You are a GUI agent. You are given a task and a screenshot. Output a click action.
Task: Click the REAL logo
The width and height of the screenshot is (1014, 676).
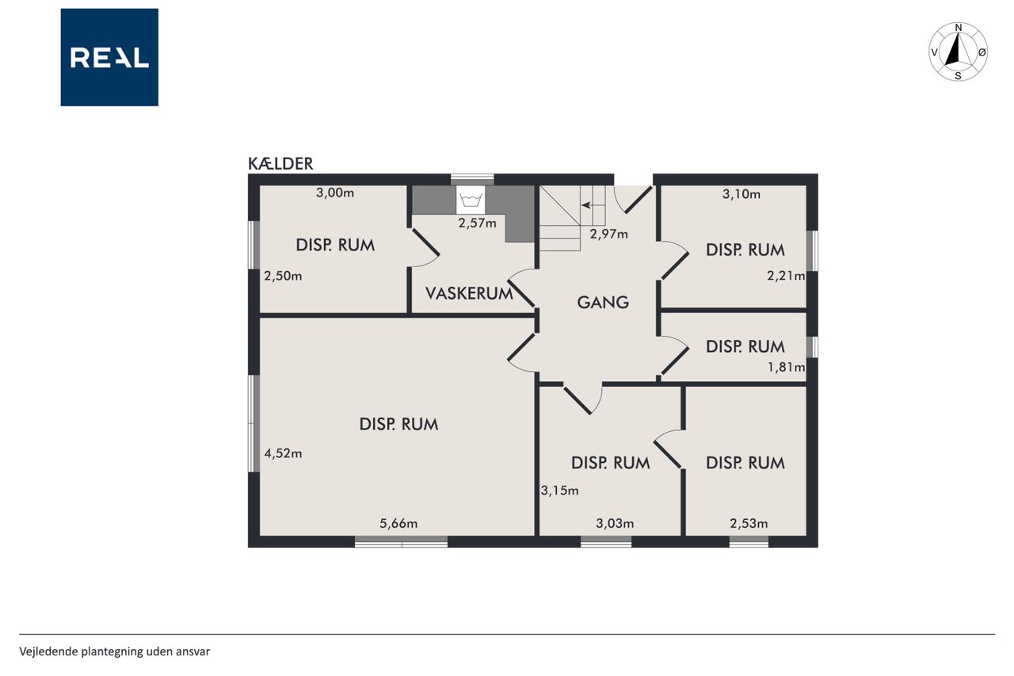point(109,58)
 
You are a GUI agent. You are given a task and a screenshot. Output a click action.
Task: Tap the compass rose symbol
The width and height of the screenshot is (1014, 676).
point(958,52)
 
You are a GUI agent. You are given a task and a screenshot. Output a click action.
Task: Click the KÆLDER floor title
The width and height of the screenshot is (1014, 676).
point(280,163)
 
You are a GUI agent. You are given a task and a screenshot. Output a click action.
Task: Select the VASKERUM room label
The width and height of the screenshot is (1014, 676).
point(469,293)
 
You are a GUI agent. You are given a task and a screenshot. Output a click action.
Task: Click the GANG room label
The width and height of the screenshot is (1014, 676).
point(603,302)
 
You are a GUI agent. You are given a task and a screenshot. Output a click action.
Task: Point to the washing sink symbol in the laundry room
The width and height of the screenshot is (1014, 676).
point(471,200)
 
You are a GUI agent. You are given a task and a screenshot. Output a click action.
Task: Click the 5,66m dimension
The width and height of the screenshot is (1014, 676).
point(398,524)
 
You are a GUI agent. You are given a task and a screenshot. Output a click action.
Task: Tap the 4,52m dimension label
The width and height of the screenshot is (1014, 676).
point(283,453)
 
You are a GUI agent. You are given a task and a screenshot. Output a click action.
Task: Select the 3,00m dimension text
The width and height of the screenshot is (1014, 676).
point(335,193)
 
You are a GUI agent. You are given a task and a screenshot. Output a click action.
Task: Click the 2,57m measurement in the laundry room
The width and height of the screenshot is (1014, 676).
point(477,223)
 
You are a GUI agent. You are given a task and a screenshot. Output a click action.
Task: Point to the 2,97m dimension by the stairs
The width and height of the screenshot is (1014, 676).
point(608,234)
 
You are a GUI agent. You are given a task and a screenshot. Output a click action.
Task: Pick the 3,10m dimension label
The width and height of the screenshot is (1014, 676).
point(741,194)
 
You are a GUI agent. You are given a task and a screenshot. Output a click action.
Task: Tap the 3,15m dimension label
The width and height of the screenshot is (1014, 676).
point(559,491)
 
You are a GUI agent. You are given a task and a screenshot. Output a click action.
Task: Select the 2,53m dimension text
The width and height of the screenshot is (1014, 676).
point(749,523)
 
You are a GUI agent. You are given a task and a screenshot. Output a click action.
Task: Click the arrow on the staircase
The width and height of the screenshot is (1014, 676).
point(587,205)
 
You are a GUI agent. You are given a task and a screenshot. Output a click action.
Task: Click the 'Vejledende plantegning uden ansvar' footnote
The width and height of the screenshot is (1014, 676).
point(115,651)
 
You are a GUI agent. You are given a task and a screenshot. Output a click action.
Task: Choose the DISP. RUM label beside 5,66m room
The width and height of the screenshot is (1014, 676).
point(398,424)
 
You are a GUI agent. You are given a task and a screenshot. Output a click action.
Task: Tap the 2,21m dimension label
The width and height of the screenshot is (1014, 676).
point(786,276)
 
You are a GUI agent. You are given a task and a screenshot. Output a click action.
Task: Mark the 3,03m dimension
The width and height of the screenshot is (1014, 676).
point(615,523)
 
